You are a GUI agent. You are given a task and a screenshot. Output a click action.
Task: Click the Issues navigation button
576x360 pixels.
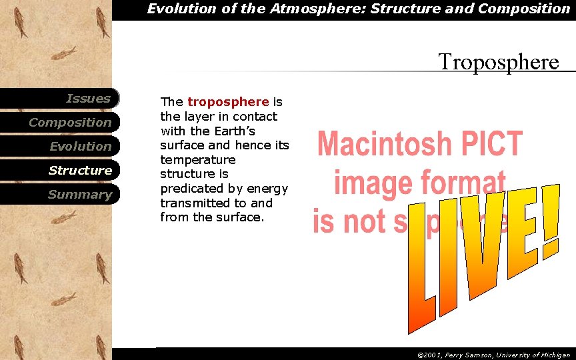coord(88,99)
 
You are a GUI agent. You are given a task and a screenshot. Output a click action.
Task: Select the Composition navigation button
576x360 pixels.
coord(70,123)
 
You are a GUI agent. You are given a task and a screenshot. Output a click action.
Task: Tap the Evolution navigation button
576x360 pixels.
coord(80,147)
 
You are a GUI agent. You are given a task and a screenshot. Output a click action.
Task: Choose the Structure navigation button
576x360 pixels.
coord(80,171)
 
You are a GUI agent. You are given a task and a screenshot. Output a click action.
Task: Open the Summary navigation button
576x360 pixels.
coord(79,195)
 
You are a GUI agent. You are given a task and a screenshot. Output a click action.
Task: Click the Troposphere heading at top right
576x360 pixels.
coord(498,62)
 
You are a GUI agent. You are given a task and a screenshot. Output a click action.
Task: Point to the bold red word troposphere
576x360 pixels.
coord(228,102)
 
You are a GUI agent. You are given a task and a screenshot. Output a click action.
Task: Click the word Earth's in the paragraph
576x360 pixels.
coord(232,131)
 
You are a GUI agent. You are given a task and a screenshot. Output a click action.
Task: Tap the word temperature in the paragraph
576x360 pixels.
coord(198,160)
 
